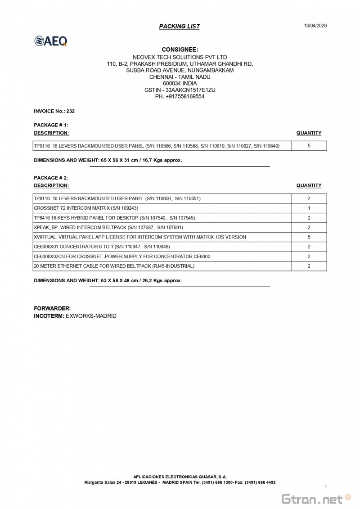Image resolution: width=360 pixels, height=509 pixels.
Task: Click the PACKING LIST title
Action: coord(179,27)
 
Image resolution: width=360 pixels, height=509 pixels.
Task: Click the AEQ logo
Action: coord(51,41)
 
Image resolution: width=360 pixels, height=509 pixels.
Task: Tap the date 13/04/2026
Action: coord(315,26)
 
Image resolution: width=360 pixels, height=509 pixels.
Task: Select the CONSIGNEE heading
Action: coord(180,50)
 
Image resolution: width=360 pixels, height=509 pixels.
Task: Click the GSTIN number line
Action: coord(180,90)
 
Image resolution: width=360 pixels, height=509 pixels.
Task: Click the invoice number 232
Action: coord(71,111)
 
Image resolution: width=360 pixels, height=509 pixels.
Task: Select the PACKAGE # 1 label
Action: coord(51,125)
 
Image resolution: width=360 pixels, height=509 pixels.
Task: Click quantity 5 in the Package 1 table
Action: coord(309,146)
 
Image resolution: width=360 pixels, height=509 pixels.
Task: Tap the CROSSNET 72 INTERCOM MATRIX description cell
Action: coord(86,208)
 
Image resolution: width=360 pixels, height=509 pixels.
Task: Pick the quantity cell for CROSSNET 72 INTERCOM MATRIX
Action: coord(309,208)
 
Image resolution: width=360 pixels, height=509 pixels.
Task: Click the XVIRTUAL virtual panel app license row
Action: coord(140,237)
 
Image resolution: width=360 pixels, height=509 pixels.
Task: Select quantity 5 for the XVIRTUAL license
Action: coord(309,237)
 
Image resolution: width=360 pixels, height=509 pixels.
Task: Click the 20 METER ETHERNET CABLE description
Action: coord(114,266)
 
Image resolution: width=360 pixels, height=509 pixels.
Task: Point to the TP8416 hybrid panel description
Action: coord(114,218)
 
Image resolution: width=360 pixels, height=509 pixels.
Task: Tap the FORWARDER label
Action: coord(52,308)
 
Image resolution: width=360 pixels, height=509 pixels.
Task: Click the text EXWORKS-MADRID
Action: coord(91,316)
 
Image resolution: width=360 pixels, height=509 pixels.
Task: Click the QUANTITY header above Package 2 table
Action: coord(309,185)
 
